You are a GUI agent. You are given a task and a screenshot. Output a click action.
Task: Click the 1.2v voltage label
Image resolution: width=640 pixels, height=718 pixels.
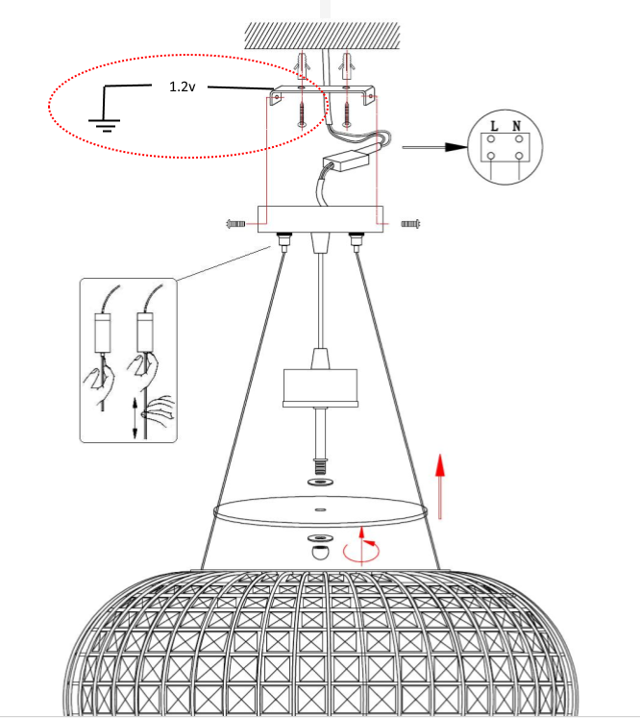click(183, 87)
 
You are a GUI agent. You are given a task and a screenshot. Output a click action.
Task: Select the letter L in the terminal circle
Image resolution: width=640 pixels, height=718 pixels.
click(494, 126)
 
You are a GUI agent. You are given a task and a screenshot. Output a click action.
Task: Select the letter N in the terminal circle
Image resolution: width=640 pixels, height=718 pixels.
click(516, 126)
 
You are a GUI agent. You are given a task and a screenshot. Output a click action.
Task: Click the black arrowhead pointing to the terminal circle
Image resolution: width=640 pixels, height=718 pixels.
click(456, 147)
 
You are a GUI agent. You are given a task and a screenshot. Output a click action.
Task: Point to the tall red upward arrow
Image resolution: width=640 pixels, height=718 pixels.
click(440, 486)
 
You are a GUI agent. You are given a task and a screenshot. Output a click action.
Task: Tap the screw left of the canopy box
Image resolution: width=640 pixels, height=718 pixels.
click(235, 224)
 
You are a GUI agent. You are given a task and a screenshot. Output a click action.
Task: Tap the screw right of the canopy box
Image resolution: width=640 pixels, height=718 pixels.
click(410, 224)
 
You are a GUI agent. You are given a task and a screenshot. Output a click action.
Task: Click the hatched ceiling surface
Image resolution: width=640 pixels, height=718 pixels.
click(322, 36)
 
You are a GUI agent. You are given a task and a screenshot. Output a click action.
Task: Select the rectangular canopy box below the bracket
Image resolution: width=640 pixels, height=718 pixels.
click(320, 219)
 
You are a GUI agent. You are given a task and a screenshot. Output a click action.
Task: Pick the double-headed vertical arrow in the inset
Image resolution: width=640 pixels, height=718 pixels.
click(135, 418)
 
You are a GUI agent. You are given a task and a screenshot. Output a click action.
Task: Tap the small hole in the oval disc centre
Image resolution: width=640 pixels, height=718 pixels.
click(320, 509)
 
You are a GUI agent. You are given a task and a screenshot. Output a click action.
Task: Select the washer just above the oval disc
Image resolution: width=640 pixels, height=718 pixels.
click(320, 482)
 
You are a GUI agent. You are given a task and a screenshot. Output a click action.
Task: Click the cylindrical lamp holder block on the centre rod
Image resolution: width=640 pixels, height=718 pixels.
click(320, 388)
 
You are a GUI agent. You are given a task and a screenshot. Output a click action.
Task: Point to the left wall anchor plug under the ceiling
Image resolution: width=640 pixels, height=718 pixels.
click(301, 65)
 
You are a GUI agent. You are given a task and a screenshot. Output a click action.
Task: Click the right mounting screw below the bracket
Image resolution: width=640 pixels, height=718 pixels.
click(347, 114)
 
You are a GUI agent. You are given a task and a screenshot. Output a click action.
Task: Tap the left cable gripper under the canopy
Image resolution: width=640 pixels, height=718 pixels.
click(283, 242)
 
